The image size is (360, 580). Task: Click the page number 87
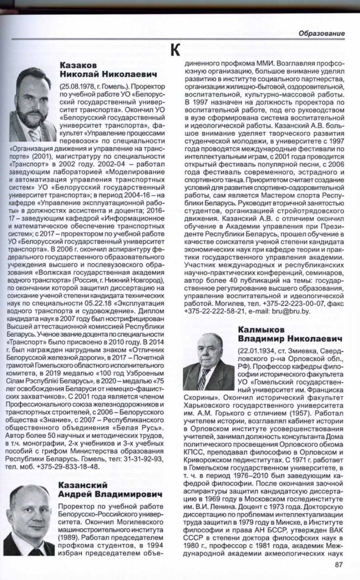point(339,563)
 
